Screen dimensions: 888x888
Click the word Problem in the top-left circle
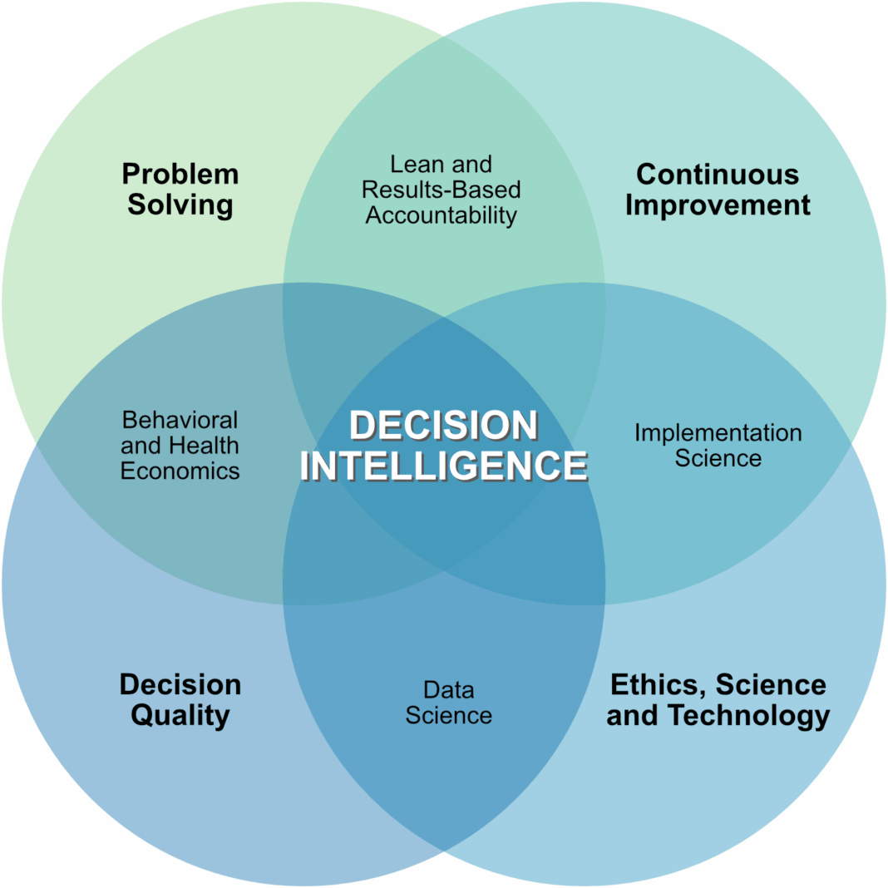(x=180, y=175)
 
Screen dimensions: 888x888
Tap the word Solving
(x=180, y=205)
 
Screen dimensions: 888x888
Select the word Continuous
(x=718, y=175)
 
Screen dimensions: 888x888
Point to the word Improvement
(x=718, y=205)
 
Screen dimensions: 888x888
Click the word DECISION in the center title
(x=443, y=426)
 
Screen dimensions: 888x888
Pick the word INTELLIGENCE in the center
(x=443, y=466)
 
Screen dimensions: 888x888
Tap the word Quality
(x=180, y=715)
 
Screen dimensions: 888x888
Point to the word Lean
(x=411, y=165)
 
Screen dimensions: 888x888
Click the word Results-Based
(x=442, y=190)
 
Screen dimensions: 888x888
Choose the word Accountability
(x=442, y=215)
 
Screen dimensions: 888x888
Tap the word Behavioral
(x=180, y=420)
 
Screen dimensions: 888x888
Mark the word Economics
(x=180, y=471)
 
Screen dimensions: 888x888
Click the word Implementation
(x=718, y=433)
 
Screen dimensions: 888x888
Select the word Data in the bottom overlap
(x=448, y=690)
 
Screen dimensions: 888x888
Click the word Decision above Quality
(x=180, y=685)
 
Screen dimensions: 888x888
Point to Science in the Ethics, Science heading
(x=771, y=685)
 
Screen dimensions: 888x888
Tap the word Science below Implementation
(x=718, y=458)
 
